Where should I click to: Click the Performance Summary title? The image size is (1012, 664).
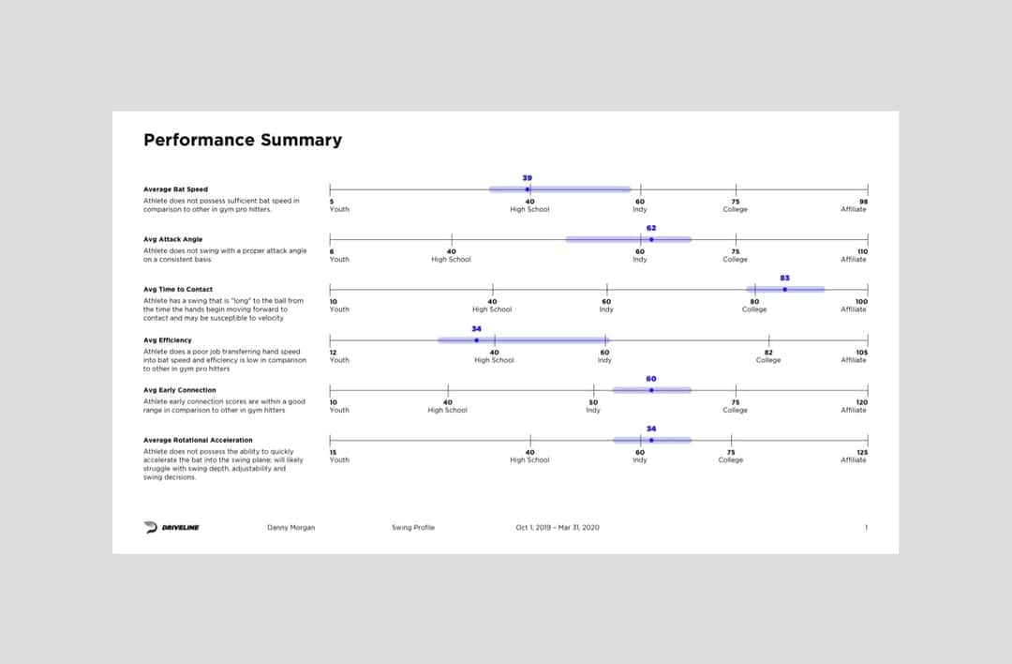243,141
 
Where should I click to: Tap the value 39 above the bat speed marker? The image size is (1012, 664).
528,177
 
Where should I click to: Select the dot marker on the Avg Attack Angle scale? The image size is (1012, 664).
651,239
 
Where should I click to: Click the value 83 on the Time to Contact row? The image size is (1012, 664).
784,278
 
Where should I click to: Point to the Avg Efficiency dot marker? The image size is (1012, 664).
476,340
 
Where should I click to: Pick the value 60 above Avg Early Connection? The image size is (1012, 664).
651,379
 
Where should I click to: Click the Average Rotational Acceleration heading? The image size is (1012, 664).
198,440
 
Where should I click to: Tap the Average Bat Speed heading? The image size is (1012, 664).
176,189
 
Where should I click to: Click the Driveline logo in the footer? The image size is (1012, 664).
172,528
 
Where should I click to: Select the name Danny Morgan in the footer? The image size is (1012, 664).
291,528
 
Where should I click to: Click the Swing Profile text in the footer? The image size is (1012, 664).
413,528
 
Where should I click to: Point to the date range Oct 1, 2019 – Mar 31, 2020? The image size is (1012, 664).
558,528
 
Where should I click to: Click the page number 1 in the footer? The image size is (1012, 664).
866,528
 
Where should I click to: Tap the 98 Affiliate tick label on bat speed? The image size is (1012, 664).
855,205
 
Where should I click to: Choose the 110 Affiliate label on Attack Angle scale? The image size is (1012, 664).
855,255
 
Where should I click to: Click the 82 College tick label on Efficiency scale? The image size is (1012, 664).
768,356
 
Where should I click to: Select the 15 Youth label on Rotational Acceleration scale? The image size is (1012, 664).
338,456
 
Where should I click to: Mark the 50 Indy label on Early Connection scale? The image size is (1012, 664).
593,406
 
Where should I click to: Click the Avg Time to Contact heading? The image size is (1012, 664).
178,290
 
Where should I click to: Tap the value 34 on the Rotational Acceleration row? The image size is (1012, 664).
651,429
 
